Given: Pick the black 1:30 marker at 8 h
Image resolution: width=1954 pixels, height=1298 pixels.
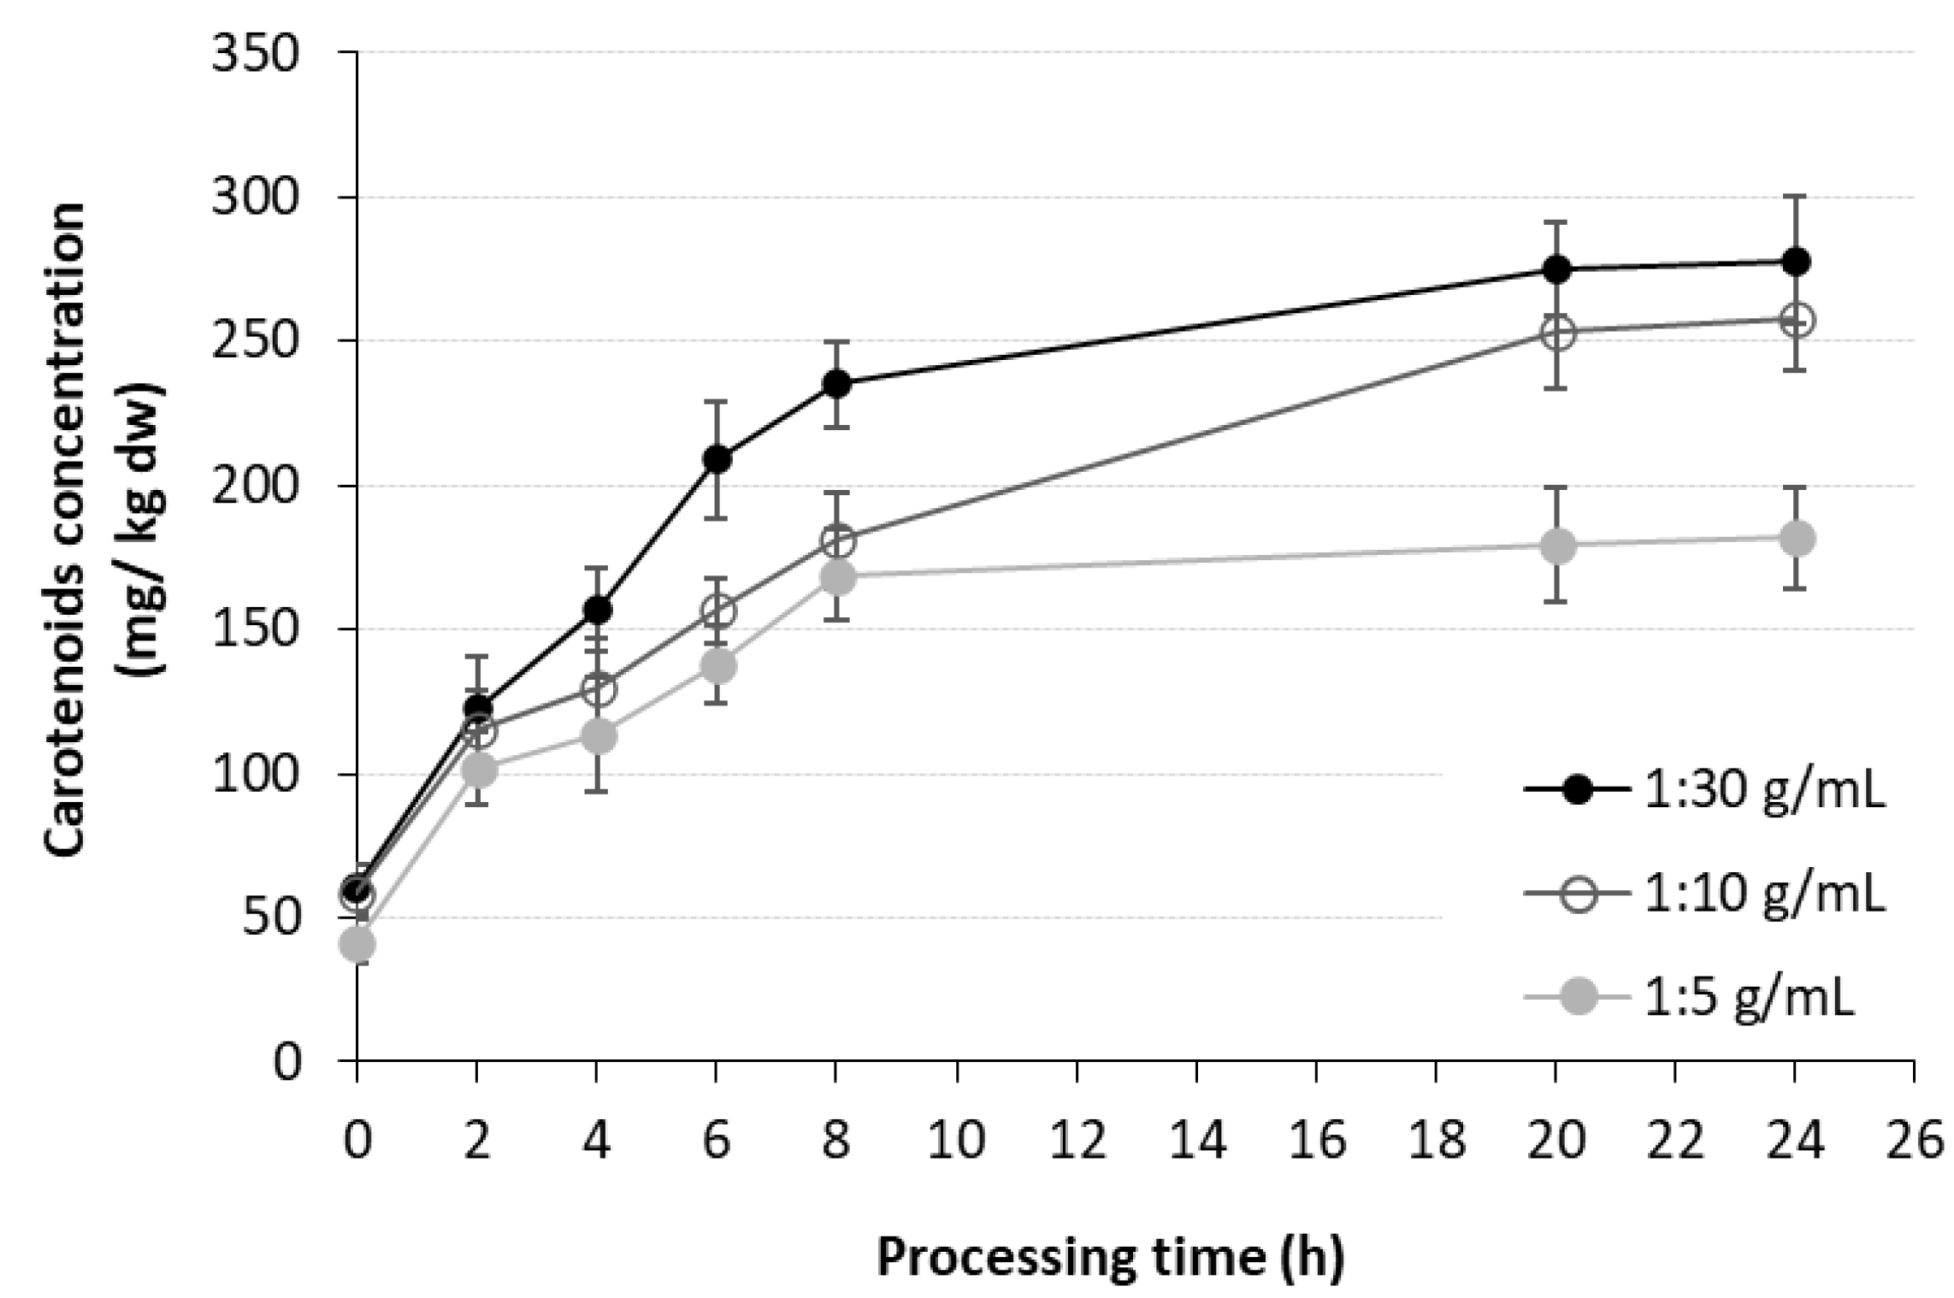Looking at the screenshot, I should tap(836, 384).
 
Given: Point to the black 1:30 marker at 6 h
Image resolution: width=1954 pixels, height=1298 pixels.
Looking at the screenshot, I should tap(717, 459).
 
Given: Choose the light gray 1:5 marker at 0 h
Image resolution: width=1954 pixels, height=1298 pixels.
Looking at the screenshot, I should tap(357, 945).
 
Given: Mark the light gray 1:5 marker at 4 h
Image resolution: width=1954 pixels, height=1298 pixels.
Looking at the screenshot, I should tap(597, 735).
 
